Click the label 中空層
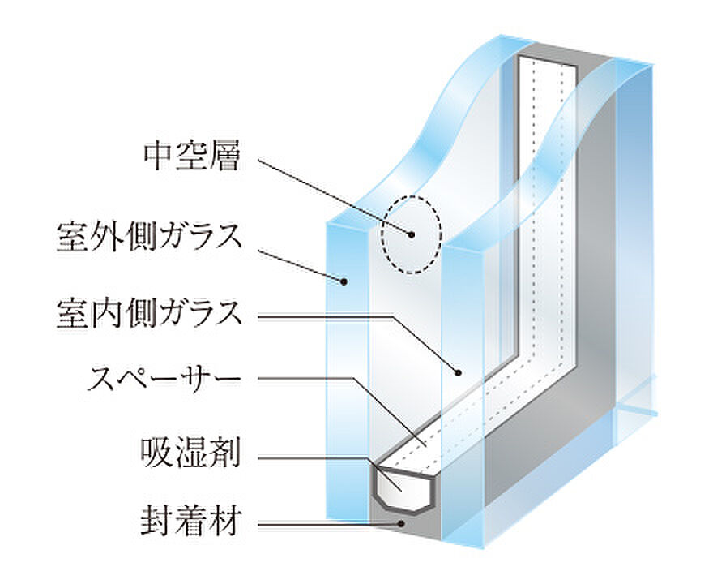[191, 157]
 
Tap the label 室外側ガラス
[149, 237]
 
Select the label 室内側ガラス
[149, 314]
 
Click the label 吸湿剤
[190, 453]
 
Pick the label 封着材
[191, 522]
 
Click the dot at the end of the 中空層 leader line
[412, 235]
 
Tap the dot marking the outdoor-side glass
[344, 281]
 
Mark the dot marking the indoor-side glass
[459, 373]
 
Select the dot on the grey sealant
[401, 523]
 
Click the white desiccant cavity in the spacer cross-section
[404, 489]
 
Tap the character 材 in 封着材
[224, 522]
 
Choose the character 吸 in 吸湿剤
[157, 453]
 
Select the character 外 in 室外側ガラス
[103, 237]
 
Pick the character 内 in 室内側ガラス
[103, 314]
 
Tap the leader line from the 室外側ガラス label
[301, 265]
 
